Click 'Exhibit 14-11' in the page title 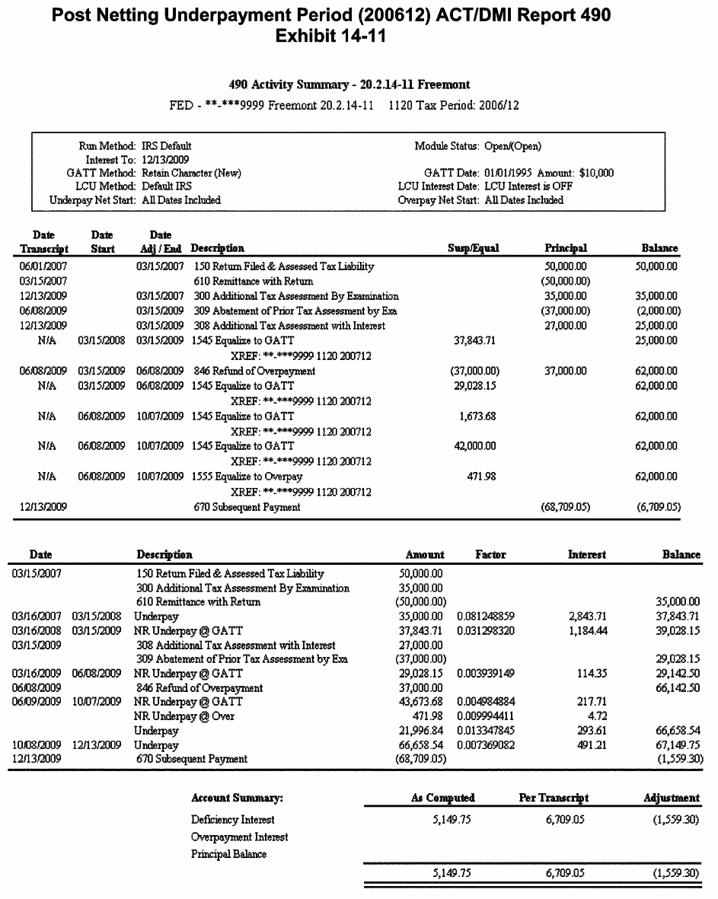point(330,36)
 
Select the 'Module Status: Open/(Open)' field point(477,145)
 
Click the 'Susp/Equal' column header point(473,248)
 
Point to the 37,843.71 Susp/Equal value point(474,340)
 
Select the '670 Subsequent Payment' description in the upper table point(247,507)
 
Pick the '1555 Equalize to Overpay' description point(247,477)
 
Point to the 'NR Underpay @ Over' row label point(184,716)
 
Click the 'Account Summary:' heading point(237,798)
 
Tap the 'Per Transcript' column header point(554,798)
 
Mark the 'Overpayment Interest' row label point(239,837)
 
